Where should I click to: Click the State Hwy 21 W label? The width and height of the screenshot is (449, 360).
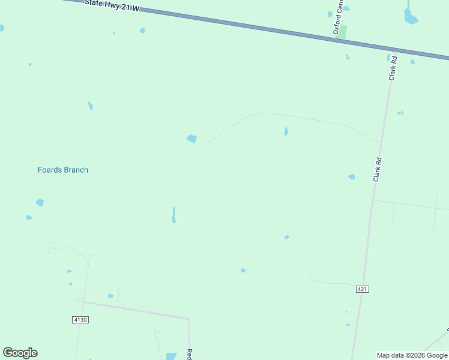(x=112, y=5)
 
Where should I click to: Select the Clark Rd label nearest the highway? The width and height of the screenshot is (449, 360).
(x=394, y=68)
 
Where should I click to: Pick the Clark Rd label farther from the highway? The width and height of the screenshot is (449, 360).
(x=378, y=170)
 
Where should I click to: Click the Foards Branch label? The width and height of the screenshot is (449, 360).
(x=63, y=170)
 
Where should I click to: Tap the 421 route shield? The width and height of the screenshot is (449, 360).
(x=362, y=289)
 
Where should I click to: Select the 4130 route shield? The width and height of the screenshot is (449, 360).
(x=80, y=320)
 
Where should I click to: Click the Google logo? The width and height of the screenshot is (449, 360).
(x=20, y=353)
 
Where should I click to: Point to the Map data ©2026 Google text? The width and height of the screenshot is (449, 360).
(x=412, y=355)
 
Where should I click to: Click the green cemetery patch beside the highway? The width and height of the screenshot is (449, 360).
(x=342, y=32)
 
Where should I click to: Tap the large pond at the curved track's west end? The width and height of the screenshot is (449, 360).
(x=191, y=139)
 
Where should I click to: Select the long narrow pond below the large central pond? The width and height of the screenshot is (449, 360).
(x=173, y=215)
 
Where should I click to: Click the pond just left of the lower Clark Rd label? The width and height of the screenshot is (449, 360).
(x=351, y=176)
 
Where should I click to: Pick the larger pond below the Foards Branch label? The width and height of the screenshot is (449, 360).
(x=40, y=203)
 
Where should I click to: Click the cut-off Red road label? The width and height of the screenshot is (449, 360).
(x=189, y=354)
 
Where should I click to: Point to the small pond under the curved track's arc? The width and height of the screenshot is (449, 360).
(x=286, y=131)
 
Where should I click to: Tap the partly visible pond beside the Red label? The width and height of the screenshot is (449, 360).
(x=171, y=356)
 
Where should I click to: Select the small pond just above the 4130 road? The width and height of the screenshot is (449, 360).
(x=110, y=296)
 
